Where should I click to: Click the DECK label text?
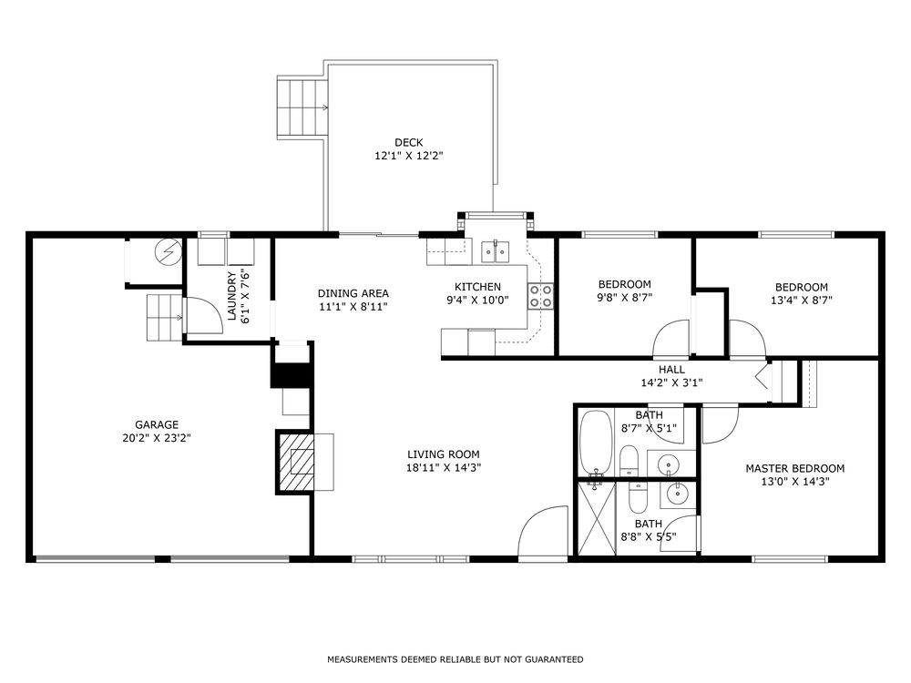[408, 142]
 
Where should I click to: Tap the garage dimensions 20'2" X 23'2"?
[157, 438]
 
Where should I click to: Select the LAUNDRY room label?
[231, 296]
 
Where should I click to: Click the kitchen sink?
[495, 251]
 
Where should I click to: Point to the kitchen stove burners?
[540, 296]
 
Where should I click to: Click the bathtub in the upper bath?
[596, 443]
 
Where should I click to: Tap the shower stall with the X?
[596, 519]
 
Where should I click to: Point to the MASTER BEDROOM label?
[794, 468]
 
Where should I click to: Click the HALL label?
[671, 370]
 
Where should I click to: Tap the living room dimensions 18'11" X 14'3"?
[444, 467]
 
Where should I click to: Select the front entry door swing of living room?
[543, 531]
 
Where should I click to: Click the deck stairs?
[302, 107]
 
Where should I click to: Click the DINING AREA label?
[353, 293]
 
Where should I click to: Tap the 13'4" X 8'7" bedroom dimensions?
[801, 301]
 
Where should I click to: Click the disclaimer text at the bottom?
[455, 659]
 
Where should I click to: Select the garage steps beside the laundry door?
[165, 317]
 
